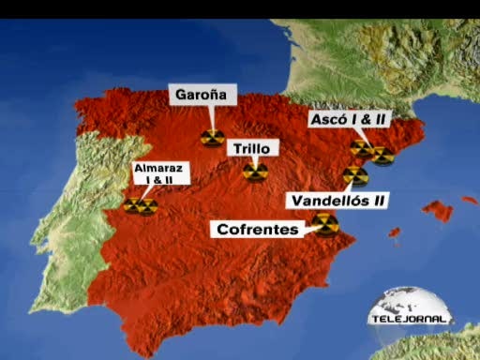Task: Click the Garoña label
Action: click(x=203, y=96)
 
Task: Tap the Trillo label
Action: click(x=253, y=149)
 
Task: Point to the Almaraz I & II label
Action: click(x=161, y=172)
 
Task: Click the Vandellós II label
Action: click(x=338, y=200)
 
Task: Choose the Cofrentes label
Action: click(x=258, y=229)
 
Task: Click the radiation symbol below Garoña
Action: click(x=212, y=138)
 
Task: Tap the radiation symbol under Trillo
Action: click(x=254, y=172)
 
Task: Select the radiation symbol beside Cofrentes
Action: click(x=325, y=223)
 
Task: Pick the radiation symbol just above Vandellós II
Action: click(x=354, y=175)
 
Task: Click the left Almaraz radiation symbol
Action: click(x=134, y=205)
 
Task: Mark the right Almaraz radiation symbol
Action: click(x=147, y=206)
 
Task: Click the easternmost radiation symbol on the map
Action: click(x=382, y=155)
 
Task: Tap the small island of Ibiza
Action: click(x=395, y=232)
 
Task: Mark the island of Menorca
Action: click(x=470, y=200)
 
